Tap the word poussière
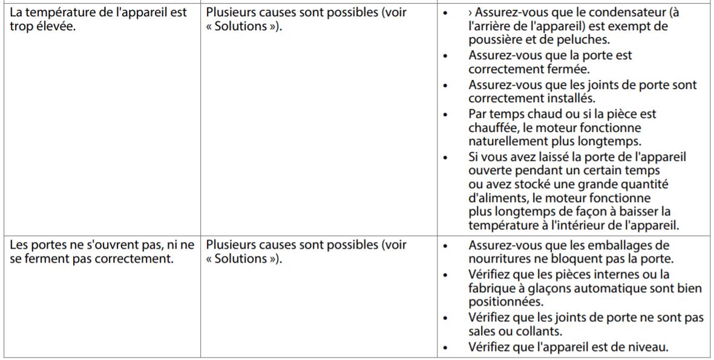pos(494,41)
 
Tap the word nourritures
pos(500,260)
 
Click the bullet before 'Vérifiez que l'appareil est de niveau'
pos(447,347)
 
